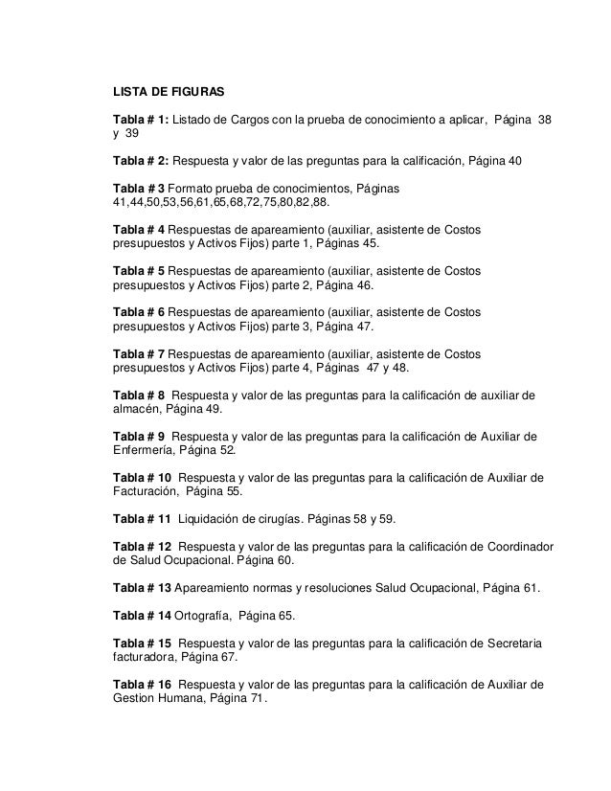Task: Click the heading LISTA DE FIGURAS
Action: [x=169, y=94]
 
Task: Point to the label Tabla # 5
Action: [x=139, y=271]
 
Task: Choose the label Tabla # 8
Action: [x=139, y=395]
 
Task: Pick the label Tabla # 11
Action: [x=142, y=518]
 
